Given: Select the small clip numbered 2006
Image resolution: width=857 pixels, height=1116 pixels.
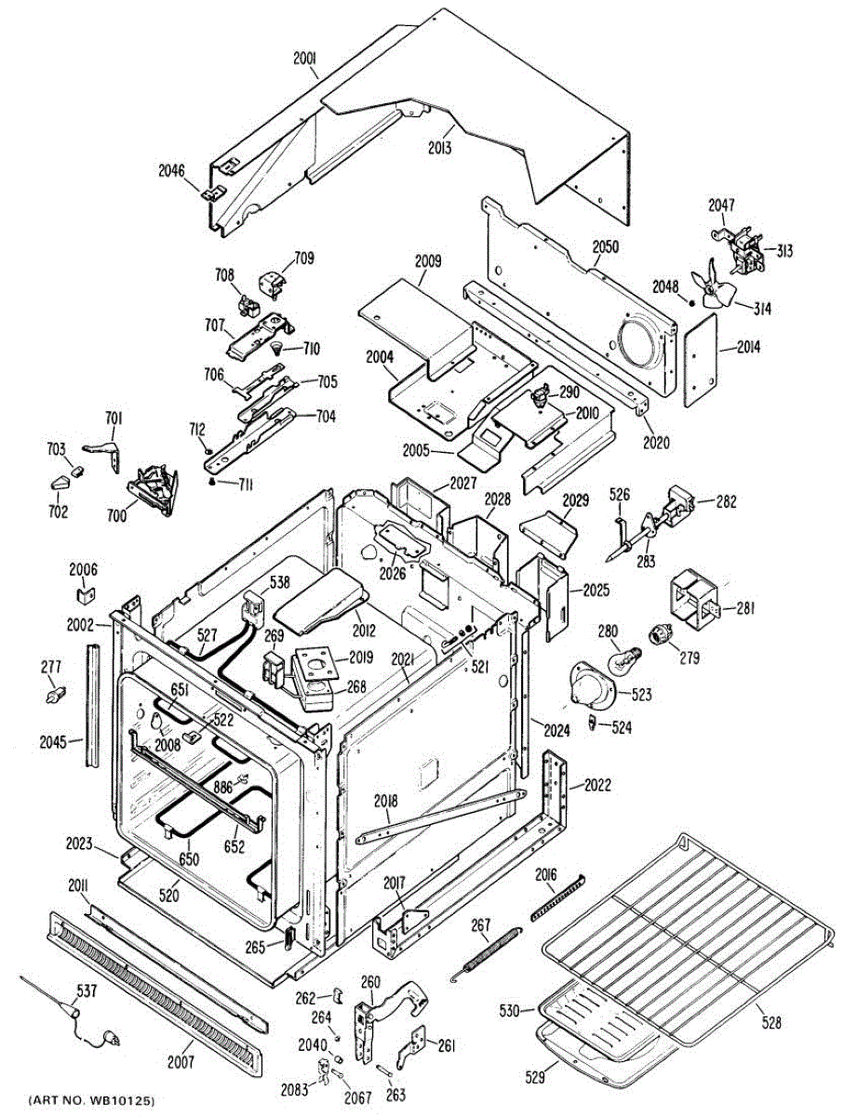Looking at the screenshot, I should click(x=83, y=589).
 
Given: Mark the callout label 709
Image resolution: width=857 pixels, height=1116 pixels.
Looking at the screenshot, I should click(x=304, y=258).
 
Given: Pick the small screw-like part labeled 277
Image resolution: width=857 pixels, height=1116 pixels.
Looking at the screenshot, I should click(x=56, y=692).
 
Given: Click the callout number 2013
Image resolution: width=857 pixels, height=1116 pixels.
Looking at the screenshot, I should click(x=440, y=146).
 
